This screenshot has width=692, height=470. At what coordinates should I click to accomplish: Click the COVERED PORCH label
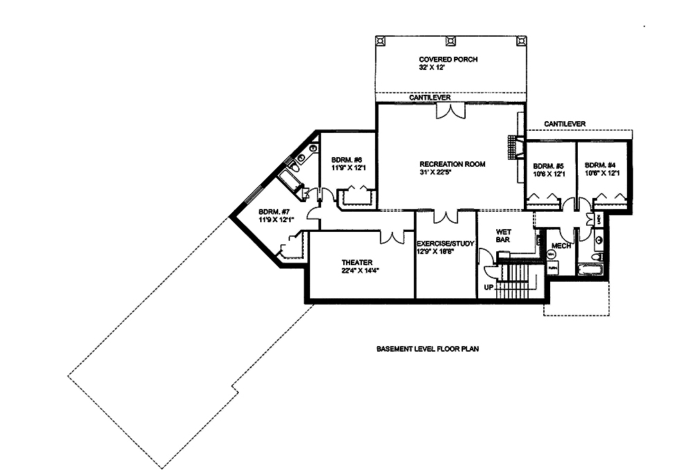[448, 60]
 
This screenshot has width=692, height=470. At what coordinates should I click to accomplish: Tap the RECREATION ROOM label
[452, 164]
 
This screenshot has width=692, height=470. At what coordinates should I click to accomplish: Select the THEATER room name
[357, 262]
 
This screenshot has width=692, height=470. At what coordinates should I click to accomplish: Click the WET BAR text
[503, 235]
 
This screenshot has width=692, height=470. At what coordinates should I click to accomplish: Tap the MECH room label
[561, 246]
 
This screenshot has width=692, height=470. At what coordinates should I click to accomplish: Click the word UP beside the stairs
[489, 286]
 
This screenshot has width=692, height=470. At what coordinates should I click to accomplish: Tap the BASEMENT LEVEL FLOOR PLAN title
[428, 350]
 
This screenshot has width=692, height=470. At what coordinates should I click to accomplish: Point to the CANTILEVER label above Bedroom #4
[565, 123]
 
